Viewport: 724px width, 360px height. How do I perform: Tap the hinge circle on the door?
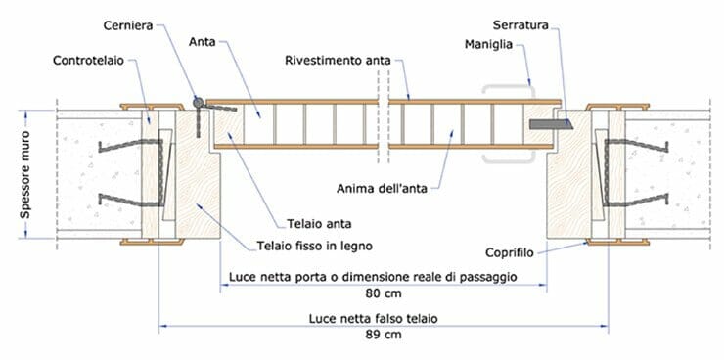(197, 101)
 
